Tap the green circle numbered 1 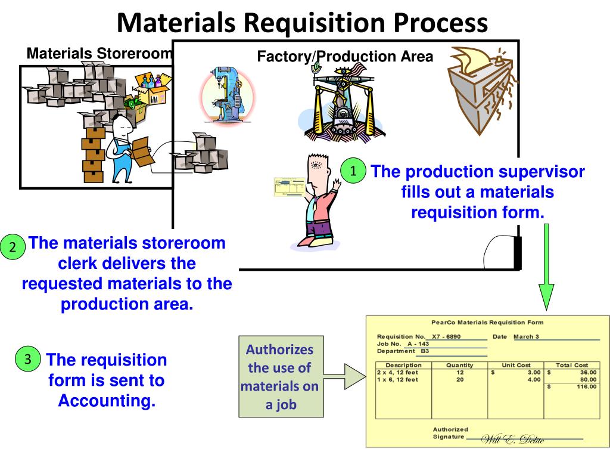[x=353, y=171]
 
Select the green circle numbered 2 [x=13, y=247]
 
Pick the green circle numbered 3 [x=27, y=359]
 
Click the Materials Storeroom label [x=99, y=54]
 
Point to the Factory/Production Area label [x=345, y=57]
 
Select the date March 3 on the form [x=526, y=337]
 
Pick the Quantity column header [x=459, y=365]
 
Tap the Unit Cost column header [x=516, y=365]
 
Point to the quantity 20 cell [x=459, y=379]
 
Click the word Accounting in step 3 [x=107, y=401]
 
